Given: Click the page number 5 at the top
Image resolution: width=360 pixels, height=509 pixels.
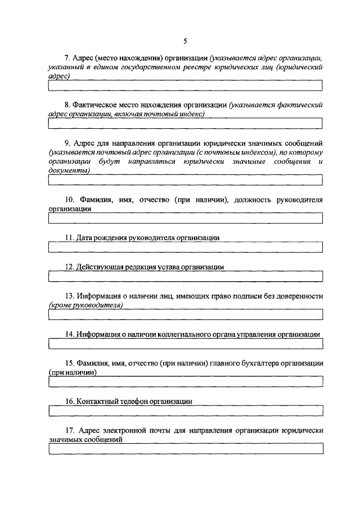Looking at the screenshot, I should point(185,40).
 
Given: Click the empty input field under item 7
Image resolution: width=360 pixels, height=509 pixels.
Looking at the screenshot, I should point(185,85).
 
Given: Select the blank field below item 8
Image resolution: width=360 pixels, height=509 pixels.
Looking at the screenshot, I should point(185,123).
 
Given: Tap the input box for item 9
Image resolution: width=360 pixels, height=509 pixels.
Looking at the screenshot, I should point(185,180).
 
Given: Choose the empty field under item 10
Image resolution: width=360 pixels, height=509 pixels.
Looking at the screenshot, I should point(185,218).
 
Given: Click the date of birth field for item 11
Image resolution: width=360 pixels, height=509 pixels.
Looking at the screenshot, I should point(185,247).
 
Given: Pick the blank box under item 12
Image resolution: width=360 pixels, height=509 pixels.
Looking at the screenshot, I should point(185,277).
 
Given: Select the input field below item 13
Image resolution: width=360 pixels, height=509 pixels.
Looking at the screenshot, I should point(185,314).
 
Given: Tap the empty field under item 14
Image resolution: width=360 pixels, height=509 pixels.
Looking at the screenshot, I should point(185,344).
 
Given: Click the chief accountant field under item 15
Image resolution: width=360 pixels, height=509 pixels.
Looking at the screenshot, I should point(185,381).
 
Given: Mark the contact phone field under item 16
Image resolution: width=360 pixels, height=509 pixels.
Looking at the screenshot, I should point(185,411).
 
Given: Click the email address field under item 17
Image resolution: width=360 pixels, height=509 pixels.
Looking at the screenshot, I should point(185,449).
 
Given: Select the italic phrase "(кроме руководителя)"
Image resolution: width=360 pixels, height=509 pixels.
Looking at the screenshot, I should point(85,305).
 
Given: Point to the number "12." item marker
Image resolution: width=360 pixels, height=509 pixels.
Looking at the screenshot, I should point(70,267).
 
